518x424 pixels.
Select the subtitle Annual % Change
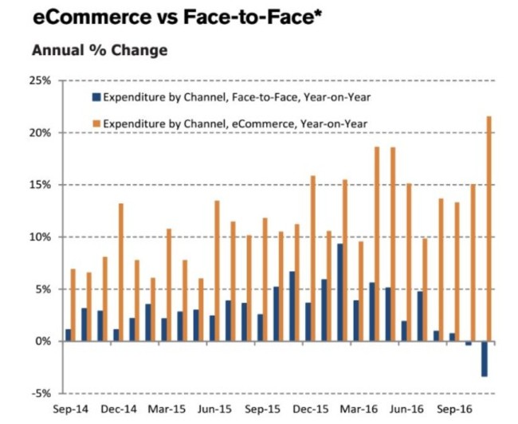99,50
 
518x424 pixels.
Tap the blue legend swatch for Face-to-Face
96,97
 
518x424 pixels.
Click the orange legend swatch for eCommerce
96,123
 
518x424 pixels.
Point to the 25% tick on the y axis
39,81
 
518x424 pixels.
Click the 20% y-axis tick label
39,133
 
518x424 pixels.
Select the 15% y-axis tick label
39,185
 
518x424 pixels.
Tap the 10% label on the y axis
39,238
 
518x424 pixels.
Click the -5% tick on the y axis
41,393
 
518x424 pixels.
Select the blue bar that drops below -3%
483,359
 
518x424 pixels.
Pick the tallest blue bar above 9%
339,292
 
